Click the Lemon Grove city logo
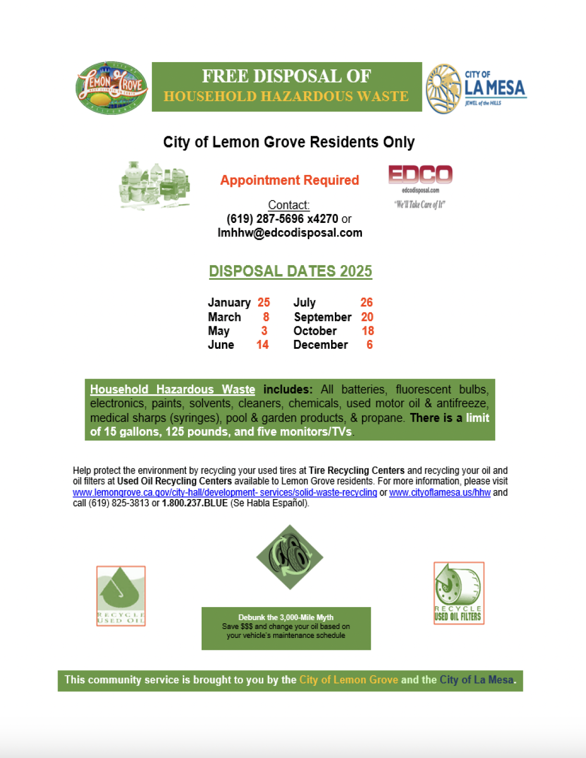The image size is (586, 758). [112, 88]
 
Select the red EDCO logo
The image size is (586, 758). [420, 175]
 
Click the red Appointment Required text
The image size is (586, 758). [289, 181]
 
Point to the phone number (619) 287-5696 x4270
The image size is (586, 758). [282, 219]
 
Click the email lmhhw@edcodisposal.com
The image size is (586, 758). [290, 233]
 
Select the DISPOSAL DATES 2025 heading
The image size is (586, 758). [290, 271]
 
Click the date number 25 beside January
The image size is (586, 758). [264, 303]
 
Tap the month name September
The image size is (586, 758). [322, 317]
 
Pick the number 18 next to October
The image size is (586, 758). [368, 331]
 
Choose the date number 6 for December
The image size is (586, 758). [369, 345]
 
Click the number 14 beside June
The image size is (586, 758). [262, 345]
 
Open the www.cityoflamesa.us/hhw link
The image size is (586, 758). [440, 492]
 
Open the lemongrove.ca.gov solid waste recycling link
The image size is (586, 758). [225, 492]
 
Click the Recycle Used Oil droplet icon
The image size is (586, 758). [121, 596]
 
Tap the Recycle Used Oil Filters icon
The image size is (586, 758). [459, 593]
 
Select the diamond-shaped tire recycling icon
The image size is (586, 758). [289, 557]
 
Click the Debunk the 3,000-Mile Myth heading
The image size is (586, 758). [286, 617]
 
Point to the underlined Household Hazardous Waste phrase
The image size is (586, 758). [172, 389]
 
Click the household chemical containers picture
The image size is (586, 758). [155, 185]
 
